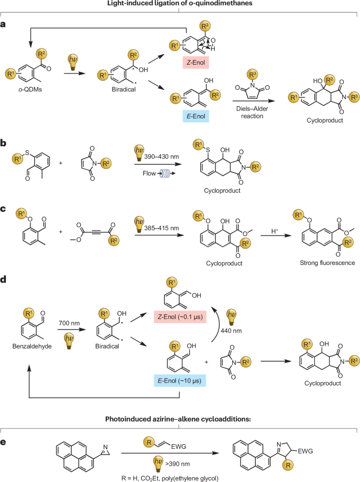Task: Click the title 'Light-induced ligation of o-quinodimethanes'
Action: pos(180,4)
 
